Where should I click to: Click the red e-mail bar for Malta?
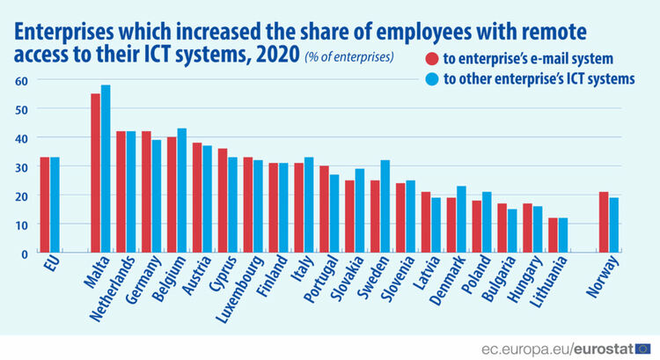pyautogui.click(x=96, y=173)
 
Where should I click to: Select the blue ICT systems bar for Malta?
pyautogui.click(x=106, y=169)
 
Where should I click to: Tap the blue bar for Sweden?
pyautogui.click(x=385, y=206)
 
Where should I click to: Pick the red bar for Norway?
pyautogui.click(x=604, y=223)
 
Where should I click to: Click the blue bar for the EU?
pyautogui.click(x=55, y=205)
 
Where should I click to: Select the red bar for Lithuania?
pyautogui.click(x=553, y=235)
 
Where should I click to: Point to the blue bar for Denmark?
pyautogui.click(x=461, y=219)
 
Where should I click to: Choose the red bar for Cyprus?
pyautogui.click(x=223, y=201)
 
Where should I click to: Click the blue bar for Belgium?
pyautogui.click(x=182, y=190)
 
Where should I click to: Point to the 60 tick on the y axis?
pyautogui.click(x=21, y=81)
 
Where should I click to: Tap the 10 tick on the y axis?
pyautogui.click(x=21, y=224)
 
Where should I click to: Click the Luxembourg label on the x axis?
pyautogui.click(x=240, y=290)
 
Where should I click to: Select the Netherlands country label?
pyautogui.click(x=113, y=289)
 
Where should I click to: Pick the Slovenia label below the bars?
pyautogui.click(x=398, y=279)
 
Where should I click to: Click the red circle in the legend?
pyautogui.click(x=432, y=58)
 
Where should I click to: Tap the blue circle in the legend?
pyautogui.click(x=432, y=78)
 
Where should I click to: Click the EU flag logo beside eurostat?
pyautogui.click(x=642, y=349)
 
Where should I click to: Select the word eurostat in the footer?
pyautogui.click(x=604, y=349)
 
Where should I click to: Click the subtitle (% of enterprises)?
pyautogui.click(x=349, y=57)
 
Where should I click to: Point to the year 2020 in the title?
pyautogui.click(x=277, y=55)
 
